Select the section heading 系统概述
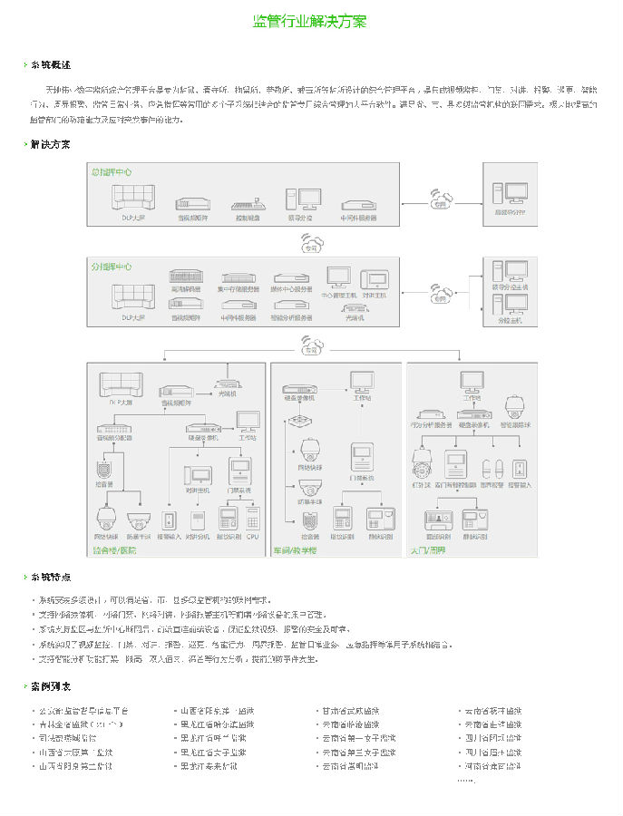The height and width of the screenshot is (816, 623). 50,65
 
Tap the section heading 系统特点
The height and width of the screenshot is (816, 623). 50,577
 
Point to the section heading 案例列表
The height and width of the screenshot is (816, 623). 50,686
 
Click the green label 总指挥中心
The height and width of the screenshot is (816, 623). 112,170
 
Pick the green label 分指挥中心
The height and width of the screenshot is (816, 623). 112,267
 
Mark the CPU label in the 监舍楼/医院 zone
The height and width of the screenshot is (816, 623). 252,537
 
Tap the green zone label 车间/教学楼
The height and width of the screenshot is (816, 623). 296,549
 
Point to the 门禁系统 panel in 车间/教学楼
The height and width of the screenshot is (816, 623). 362,459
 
